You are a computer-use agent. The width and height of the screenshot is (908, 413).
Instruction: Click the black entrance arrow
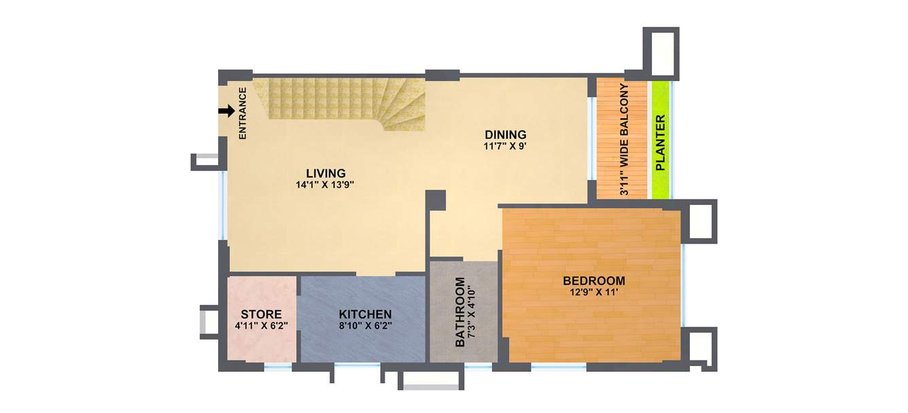click(x=226, y=111)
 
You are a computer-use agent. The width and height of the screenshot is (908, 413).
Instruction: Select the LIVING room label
click(x=326, y=173)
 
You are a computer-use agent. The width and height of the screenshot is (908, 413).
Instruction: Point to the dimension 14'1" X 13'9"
click(x=326, y=184)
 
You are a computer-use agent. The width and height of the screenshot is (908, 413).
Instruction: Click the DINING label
click(x=505, y=134)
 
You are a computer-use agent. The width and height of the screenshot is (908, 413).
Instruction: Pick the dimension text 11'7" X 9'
click(x=505, y=145)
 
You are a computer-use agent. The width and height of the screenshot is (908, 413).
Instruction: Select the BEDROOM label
click(x=593, y=281)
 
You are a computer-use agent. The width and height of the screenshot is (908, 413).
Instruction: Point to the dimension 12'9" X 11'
click(x=593, y=293)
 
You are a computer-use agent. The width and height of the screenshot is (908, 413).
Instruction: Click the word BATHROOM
click(x=460, y=312)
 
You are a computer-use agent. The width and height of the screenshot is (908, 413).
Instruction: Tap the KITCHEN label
click(x=365, y=314)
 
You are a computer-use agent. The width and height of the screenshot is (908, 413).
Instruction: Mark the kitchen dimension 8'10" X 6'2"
click(x=365, y=325)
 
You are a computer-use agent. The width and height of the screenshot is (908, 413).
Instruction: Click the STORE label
click(x=261, y=314)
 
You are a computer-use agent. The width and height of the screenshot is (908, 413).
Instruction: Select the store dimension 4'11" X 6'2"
click(x=261, y=325)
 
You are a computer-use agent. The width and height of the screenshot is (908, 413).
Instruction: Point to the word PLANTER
click(x=659, y=142)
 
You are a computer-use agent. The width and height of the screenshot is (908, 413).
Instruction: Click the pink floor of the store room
click(x=262, y=347)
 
